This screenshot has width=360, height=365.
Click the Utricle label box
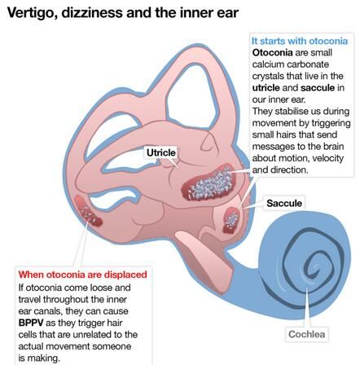click(161, 152)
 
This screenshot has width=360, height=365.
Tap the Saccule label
click(284, 203)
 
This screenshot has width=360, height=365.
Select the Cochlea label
click(306, 334)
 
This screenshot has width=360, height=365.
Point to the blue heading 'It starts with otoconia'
click(300, 41)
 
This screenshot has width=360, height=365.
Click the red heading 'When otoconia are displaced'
click(82, 275)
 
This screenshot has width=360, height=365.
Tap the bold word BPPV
click(31, 323)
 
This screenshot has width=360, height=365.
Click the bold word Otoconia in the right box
click(272, 53)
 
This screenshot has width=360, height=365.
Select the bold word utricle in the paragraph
click(266, 88)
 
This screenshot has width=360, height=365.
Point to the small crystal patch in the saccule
click(231, 220)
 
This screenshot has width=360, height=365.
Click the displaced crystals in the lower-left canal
click(88, 213)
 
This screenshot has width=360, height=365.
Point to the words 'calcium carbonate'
click(290, 64)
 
